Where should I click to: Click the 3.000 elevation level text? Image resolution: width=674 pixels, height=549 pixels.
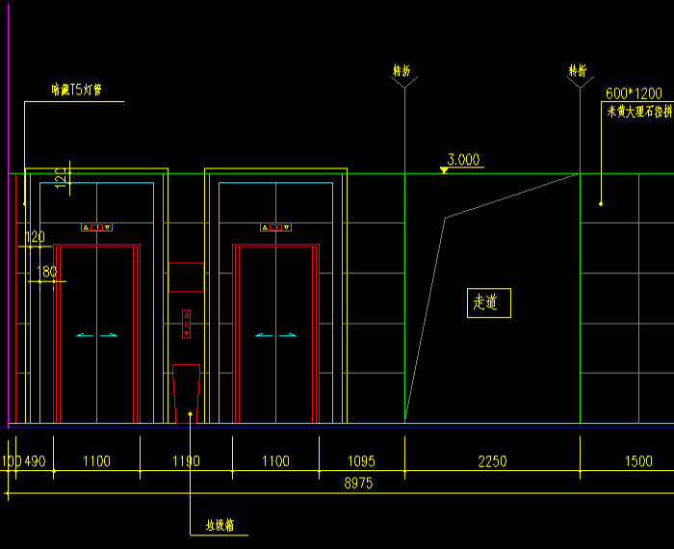click(463, 160)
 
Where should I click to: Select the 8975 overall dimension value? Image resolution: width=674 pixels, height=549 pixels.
click(358, 483)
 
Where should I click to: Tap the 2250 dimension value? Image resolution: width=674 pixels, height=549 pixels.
click(492, 461)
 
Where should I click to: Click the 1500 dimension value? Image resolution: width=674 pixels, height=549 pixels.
click(638, 461)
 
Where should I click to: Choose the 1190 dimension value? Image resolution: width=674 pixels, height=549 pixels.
click(186, 461)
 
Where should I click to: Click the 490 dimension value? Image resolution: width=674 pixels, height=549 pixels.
click(35, 461)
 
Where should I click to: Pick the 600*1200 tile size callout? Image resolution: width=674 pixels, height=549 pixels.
click(634, 93)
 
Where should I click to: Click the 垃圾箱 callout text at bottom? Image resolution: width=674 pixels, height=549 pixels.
click(226, 526)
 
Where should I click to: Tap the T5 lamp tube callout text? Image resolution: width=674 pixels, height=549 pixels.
click(76, 91)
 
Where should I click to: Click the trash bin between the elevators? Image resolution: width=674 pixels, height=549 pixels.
click(186, 393)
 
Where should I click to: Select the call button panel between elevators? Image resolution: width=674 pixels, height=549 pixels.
click(187, 324)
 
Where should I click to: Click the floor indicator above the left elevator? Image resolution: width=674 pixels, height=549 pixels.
click(97, 227)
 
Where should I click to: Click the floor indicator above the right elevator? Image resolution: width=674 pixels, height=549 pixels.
click(275, 227)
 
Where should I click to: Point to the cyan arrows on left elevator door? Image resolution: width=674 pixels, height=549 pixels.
click(97, 335)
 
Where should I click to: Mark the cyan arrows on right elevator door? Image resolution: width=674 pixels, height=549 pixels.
click(275, 335)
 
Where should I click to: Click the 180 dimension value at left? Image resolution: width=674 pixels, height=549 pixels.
click(46, 273)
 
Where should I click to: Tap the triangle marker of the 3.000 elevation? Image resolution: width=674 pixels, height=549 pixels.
click(443, 170)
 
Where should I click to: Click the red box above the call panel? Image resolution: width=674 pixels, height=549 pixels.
click(187, 276)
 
